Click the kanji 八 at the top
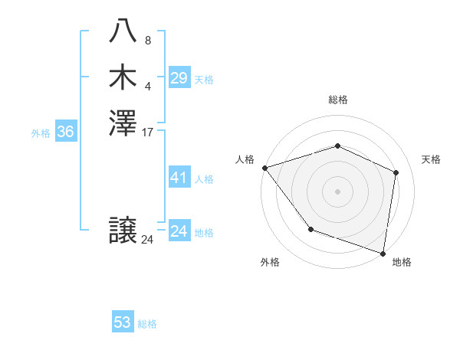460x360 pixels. (123, 31)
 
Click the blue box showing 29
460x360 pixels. (179, 78)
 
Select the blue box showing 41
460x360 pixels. (179, 178)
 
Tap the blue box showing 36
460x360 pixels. (66, 132)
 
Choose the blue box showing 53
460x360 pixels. (123, 322)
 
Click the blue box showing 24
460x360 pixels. (179, 231)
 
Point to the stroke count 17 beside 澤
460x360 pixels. (148, 133)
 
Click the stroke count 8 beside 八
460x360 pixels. (147, 40)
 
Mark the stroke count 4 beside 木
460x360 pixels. (147, 86)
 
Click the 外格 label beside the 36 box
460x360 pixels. (41, 133)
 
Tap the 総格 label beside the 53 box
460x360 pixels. (147, 324)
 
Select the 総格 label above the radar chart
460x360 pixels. (338, 100)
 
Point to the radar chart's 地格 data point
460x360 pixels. (383, 253)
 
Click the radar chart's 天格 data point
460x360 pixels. (396, 172)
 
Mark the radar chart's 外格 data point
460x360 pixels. (310, 229)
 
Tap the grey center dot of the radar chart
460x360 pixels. (337, 191)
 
